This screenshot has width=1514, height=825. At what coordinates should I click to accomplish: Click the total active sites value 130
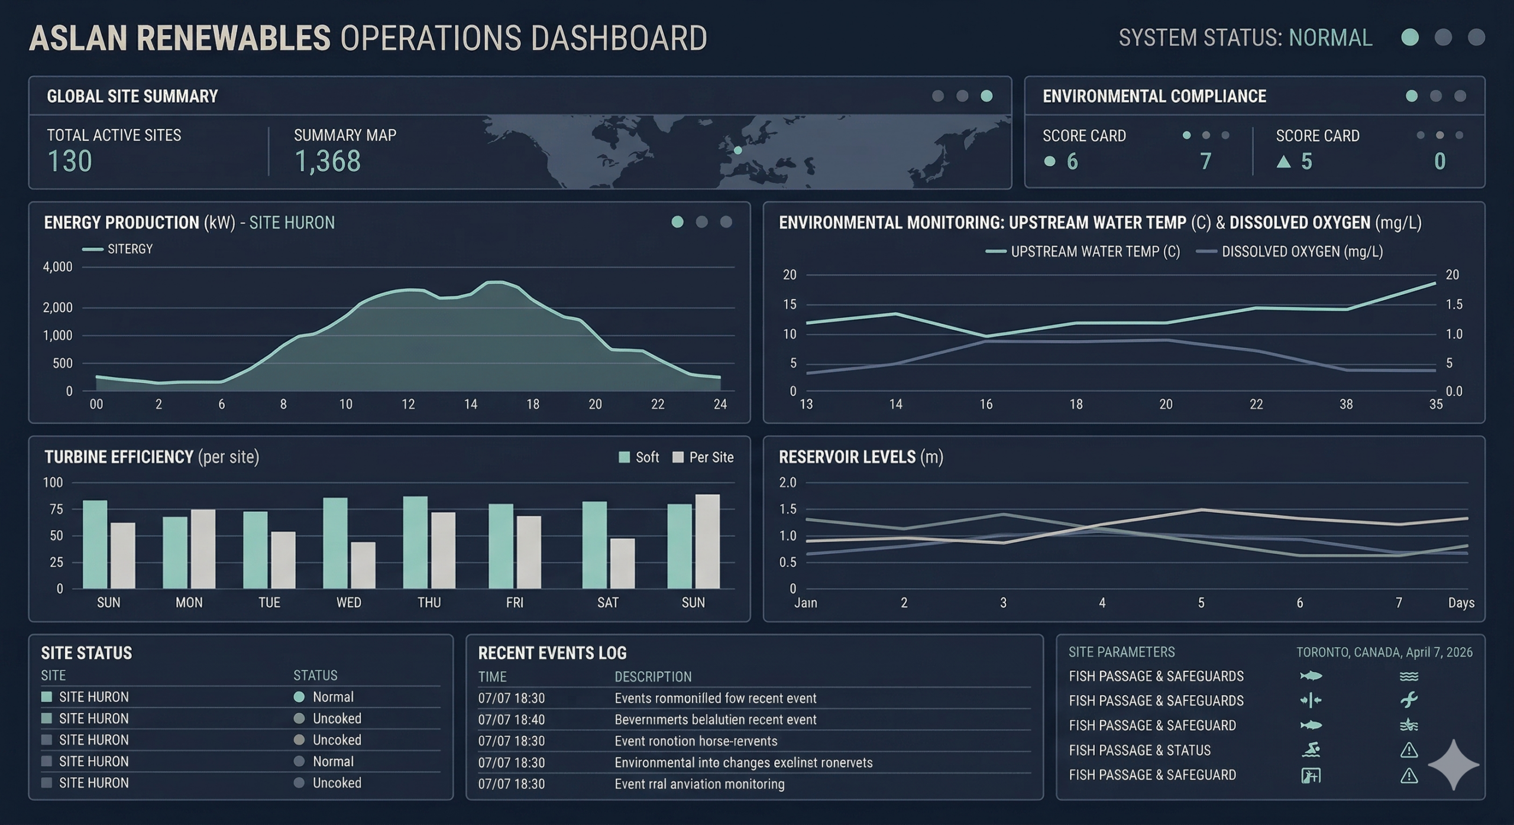pos(70,161)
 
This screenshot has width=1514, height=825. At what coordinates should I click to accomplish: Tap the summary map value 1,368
pos(327,161)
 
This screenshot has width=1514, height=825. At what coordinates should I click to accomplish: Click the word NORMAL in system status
pos(1330,38)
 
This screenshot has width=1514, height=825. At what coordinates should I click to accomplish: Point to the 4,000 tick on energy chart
pos(57,267)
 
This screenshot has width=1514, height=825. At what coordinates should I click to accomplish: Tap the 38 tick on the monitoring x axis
pos(1345,404)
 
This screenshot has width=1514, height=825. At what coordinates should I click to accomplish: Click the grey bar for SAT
pos(622,563)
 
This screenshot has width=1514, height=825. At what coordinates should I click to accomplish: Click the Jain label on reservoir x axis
pos(805,603)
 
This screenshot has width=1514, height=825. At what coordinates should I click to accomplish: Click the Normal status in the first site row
pos(332,697)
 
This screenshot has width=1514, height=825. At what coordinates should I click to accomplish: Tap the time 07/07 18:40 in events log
pos(511,720)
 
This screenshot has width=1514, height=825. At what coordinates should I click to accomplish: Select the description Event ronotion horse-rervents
pos(695,741)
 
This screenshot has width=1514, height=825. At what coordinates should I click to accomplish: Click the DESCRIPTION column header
pos(652,677)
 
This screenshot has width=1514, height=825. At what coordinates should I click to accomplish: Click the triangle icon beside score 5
pos(1283,161)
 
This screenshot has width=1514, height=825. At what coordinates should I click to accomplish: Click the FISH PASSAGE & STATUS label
pos(1139,751)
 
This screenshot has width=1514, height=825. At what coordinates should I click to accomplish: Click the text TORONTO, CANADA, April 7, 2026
pos(1384,652)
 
